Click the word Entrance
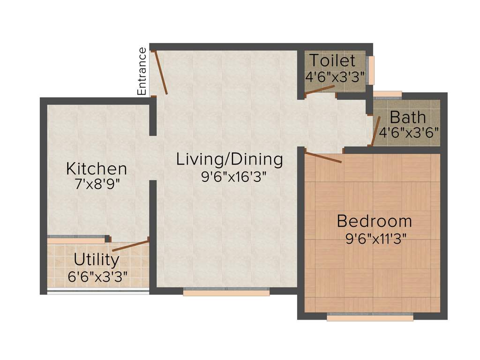point(142,71)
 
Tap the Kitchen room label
point(96,168)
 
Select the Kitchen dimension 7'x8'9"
point(96,183)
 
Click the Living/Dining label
point(229,159)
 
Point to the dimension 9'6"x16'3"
point(229,177)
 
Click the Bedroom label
point(374,220)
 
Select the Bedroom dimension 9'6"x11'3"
point(374,238)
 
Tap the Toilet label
point(332,61)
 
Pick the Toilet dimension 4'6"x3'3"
point(334,76)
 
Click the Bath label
point(408,116)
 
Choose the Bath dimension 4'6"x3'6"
point(409,132)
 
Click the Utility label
point(97,259)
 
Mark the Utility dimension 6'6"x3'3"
point(98,276)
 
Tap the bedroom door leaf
point(323,157)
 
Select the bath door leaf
point(375,132)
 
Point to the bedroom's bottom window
point(370,317)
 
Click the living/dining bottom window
point(226,292)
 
